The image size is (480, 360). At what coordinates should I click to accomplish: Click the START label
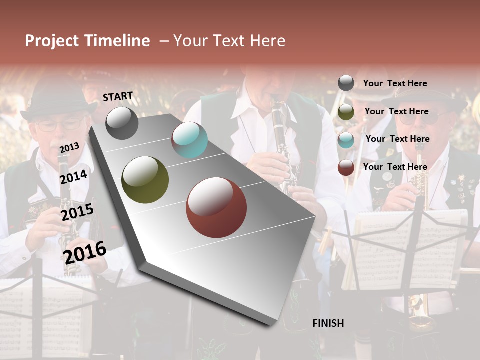[x=118, y=96]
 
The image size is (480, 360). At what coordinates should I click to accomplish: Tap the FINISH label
[x=328, y=323]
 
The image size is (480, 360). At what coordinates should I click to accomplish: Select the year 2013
[x=69, y=147]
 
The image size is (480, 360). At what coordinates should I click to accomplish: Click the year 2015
[x=77, y=212]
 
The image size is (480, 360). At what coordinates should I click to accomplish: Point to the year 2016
[x=85, y=252]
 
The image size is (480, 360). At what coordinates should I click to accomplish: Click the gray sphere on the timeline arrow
[x=122, y=123]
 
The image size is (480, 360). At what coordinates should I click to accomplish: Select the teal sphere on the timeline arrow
[x=189, y=140]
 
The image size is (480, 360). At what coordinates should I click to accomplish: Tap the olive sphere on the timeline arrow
[x=145, y=180]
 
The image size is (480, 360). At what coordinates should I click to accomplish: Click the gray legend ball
[x=346, y=83]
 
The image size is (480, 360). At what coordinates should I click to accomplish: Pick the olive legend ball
[x=346, y=112]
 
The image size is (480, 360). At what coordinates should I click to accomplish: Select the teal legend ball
[x=346, y=139]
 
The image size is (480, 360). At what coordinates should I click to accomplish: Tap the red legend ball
[x=346, y=167]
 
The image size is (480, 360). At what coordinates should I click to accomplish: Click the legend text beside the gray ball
[x=395, y=83]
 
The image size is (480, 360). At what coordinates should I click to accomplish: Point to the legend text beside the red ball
[x=395, y=167]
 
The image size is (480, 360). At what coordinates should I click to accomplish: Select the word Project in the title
[x=52, y=41]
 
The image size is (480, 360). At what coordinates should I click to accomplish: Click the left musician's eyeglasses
[x=59, y=125]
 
